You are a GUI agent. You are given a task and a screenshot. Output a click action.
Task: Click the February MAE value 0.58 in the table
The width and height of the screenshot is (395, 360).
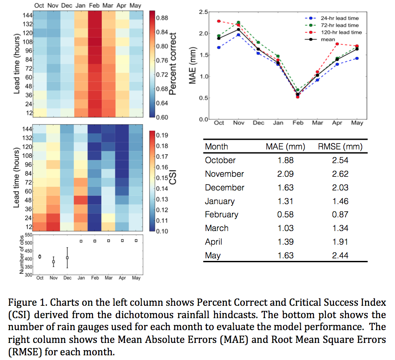pos(285,214)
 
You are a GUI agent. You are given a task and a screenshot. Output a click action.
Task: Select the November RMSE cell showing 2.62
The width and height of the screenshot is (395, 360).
pos(340,174)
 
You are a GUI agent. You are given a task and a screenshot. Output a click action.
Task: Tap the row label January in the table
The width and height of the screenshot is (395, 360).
pos(220,201)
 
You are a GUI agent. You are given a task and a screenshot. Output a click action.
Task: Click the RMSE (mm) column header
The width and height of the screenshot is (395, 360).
pos(340,146)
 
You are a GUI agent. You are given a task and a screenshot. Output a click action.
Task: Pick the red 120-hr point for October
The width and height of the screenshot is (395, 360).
pos(219,21)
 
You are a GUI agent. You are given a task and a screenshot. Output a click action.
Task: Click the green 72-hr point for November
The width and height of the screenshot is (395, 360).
pos(238,23)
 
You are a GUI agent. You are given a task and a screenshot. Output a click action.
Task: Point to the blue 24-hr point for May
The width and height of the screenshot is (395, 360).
pos(357,58)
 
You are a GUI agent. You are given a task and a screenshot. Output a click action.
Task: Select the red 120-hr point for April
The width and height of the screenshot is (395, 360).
pos(337,44)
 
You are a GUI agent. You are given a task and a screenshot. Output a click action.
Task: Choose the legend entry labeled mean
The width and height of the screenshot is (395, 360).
pos(320,39)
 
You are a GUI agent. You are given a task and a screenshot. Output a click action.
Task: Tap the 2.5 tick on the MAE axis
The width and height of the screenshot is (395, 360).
pos(203,12)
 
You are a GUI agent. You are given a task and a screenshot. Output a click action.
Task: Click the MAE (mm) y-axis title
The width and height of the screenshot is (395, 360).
pos(192,65)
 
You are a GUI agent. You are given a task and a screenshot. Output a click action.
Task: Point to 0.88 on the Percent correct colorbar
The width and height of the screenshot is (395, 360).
pos(162,18)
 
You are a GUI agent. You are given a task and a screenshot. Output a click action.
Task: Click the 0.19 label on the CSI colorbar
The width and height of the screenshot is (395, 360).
pos(162,135)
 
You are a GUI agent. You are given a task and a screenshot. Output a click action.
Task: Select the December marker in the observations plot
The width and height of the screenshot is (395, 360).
pos(67,258)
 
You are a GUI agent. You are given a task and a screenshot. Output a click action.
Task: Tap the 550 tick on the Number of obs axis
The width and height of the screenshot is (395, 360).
pos(29,235)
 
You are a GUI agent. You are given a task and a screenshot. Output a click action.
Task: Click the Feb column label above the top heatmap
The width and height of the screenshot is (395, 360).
pos(94,6)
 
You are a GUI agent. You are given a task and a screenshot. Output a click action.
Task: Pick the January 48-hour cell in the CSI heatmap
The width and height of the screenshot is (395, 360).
pos(81,200)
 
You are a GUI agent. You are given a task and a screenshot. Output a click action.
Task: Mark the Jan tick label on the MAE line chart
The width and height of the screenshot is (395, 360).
pos(278,123)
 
